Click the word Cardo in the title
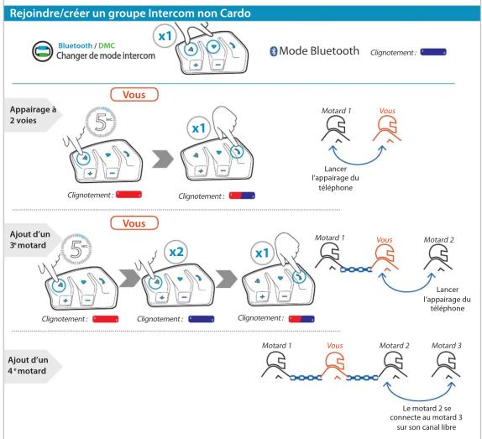tap(235, 13)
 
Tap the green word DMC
tap(107, 46)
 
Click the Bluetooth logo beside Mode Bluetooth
tap(273, 51)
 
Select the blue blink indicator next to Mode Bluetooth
tap(433, 52)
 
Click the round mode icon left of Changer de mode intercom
tap(43, 51)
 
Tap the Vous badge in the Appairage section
tap(134, 94)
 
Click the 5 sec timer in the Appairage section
tap(101, 122)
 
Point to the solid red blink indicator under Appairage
tap(128, 195)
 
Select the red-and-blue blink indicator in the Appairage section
tap(242, 196)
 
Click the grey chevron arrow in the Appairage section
tap(163, 159)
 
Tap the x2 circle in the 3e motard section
tap(176, 252)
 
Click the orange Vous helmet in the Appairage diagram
tap(387, 129)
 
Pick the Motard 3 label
tap(447, 346)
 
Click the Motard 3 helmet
tap(446, 364)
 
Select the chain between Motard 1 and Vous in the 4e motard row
tap(306, 378)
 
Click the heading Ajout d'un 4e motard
tap(28, 365)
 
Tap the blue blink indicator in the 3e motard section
tap(202, 319)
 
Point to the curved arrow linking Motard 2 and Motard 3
tap(420, 400)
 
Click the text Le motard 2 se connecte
tap(427, 413)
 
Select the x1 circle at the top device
tap(165, 36)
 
